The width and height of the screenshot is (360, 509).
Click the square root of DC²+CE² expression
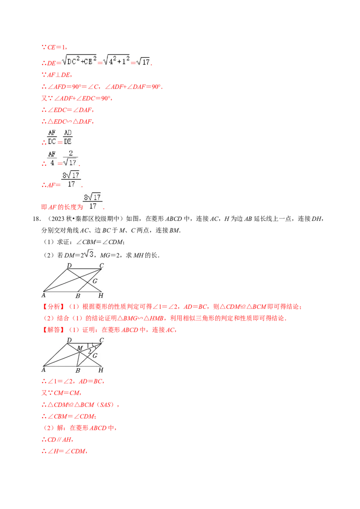[79, 62]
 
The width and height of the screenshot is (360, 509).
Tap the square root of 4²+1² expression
[117, 62]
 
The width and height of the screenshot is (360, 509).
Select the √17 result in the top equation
[143, 62]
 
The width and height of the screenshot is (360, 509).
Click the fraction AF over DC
[52, 136]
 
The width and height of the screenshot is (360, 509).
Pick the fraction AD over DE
[68, 136]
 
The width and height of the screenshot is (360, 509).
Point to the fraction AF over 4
[52, 158]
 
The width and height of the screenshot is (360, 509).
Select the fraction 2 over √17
[71, 158]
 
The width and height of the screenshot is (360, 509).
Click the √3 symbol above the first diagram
[89, 254]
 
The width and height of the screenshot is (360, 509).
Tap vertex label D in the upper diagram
[69, 266]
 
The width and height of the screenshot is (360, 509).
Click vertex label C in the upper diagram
[102, 266]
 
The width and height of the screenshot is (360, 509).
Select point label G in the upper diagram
[95, 281]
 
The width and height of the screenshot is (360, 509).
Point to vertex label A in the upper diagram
[44, 295]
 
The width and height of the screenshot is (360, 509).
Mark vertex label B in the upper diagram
[78, 296]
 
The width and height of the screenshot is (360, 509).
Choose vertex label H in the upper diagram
[101, 295]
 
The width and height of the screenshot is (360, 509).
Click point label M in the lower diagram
[79, 348]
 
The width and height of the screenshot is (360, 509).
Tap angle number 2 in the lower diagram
[90, 351]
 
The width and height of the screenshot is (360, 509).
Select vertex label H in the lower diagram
[101, 370]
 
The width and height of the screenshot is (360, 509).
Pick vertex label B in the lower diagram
[78, 370]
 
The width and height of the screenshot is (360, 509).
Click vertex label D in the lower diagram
[69, 340]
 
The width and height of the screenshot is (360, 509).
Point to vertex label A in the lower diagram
[44, 370]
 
